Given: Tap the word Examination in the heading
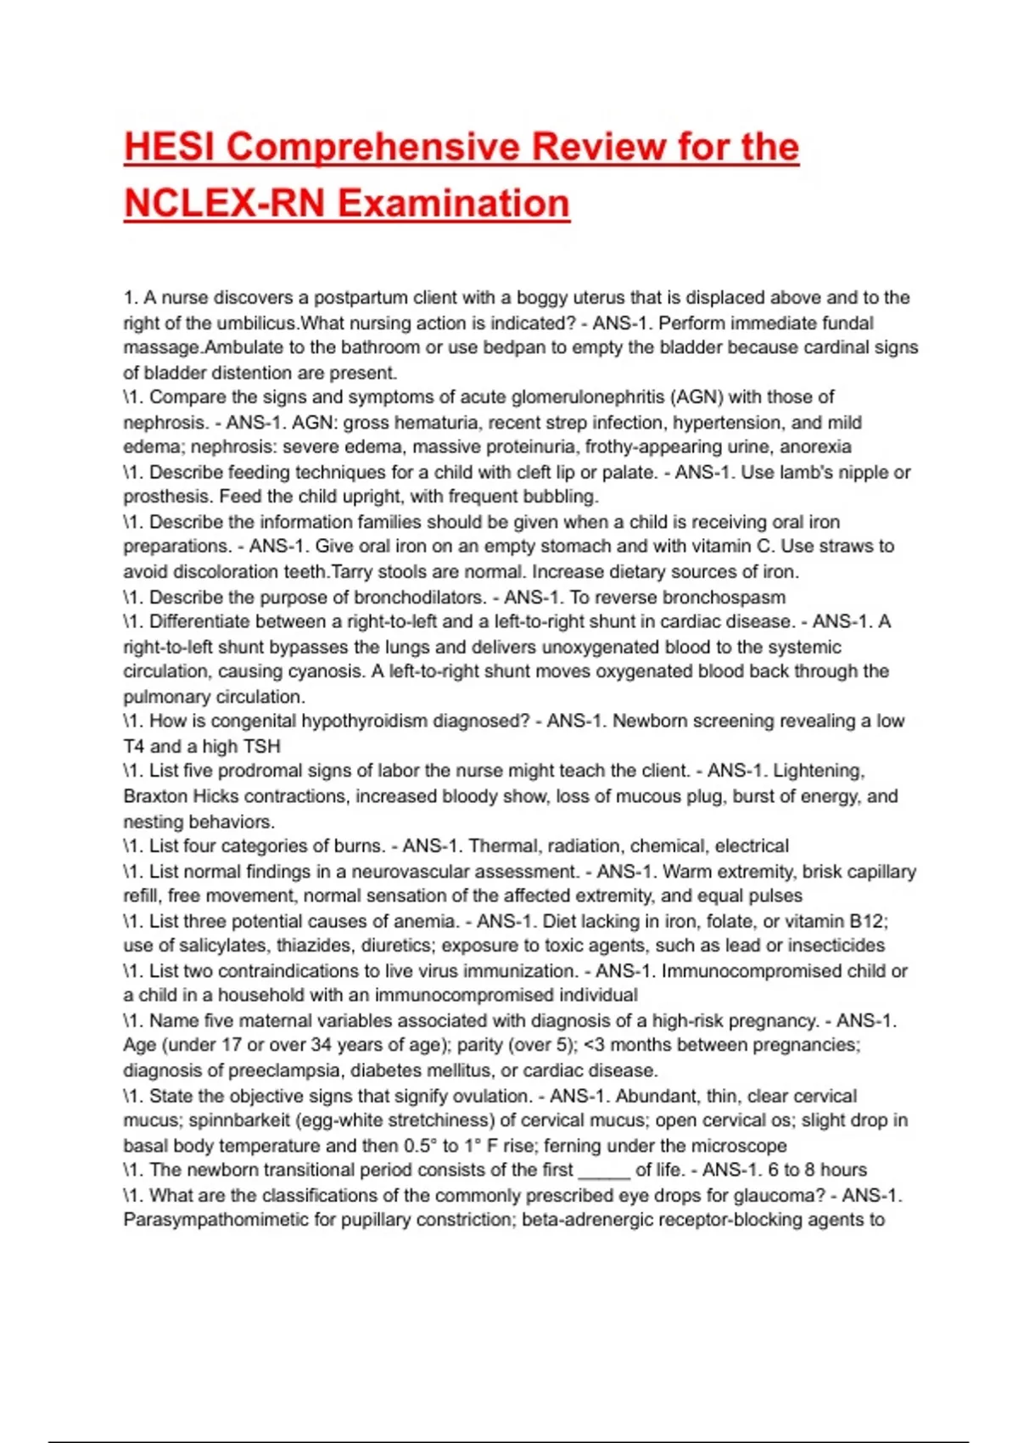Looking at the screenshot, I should (453, 204).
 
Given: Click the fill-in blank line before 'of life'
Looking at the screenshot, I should (604, 1171).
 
